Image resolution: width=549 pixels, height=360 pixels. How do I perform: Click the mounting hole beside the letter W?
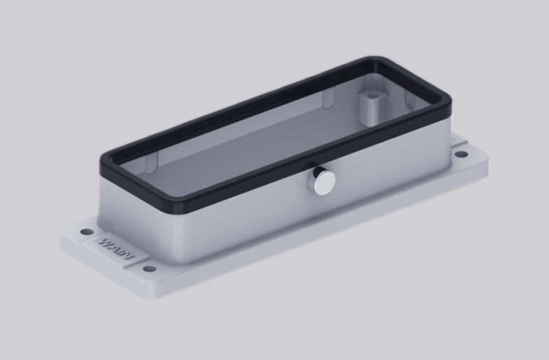[87, 232]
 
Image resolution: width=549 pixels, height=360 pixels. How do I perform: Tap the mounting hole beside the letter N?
[149, 269]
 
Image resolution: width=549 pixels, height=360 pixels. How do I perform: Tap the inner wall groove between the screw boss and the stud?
[328, 100]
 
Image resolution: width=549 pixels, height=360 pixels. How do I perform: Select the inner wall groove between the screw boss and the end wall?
[410, 99]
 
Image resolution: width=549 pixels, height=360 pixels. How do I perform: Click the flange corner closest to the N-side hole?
[156, 294]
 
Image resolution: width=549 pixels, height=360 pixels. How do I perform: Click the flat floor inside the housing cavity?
[231, 159]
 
